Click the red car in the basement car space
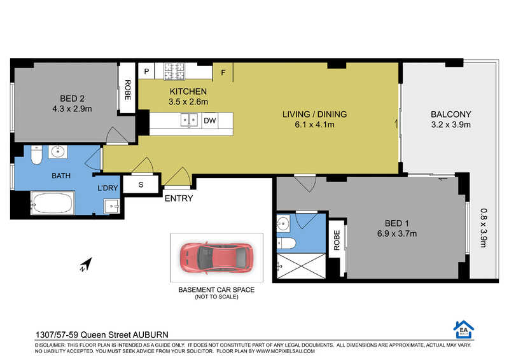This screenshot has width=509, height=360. [216, 257]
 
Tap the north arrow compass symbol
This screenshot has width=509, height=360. [86, 264]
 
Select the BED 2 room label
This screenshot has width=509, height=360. [72, 99]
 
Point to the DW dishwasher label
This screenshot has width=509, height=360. [210, 121]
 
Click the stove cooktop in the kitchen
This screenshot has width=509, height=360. [174, 71]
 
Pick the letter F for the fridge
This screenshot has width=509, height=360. [223, 73]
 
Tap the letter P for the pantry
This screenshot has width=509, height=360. [147, 71]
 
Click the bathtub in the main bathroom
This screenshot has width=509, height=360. [53, 203]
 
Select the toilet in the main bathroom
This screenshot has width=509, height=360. [36, 155]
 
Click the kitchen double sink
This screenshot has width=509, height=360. [189, 120]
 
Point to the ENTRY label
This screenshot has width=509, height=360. [179, 198]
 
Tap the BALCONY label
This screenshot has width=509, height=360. [450, 114]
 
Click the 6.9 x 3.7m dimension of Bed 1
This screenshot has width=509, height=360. [397, 233]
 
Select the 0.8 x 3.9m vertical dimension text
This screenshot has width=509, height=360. [484, 228]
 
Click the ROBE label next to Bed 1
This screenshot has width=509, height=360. [337, 240]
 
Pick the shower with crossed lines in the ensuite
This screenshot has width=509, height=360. [301, 266]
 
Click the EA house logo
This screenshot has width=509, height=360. [464, 329]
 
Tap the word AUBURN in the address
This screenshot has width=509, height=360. [151, 335]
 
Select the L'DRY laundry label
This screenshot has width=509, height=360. [108, 188]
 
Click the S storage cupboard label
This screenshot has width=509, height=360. [141, 184]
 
